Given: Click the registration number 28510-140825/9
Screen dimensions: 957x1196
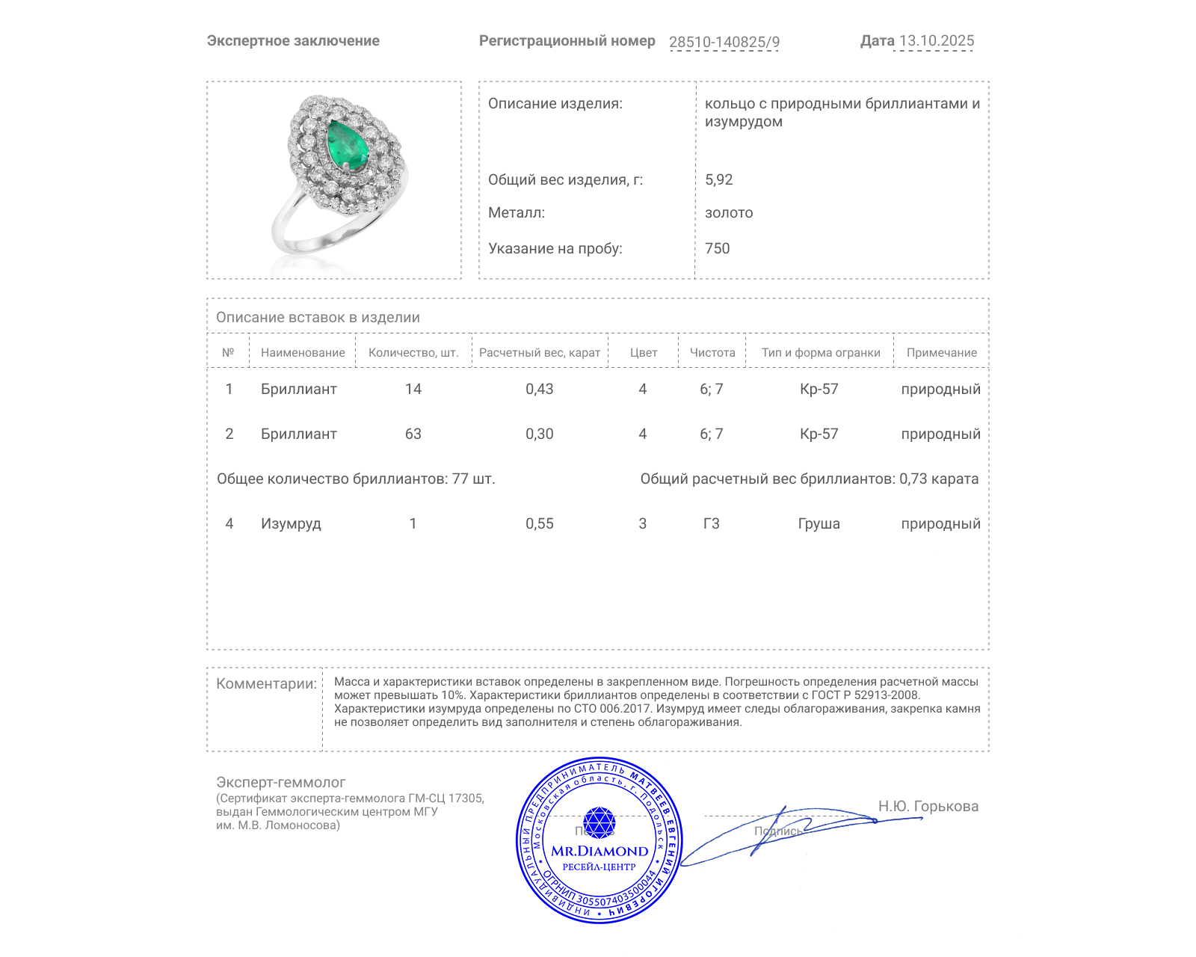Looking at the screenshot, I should point(724,42).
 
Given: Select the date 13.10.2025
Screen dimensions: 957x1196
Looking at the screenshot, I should point(936,41).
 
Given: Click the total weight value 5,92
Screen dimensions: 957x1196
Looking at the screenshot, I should point(718,179).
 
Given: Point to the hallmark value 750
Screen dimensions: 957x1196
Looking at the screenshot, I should point(717,248).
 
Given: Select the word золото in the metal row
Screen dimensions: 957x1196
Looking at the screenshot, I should point(729,213).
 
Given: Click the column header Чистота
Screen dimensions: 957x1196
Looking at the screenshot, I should point(712,353).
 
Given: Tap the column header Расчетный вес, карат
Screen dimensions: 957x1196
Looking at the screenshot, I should point(539,353).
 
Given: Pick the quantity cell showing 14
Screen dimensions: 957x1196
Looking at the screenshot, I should point(413,389).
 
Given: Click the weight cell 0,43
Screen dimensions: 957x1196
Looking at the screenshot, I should point(539,389).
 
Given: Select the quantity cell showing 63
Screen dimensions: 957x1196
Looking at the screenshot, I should point(413,434).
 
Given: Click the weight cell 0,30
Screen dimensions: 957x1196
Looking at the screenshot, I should point(539,434).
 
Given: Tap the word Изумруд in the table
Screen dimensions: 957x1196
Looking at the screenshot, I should point(291,523).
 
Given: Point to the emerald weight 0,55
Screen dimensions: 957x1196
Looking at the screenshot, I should point(539,523).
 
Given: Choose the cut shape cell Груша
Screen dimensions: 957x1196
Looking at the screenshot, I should point(819,523).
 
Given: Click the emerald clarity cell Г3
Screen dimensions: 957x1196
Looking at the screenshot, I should point(711,523).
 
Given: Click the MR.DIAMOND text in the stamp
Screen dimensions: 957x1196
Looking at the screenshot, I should point(599,851).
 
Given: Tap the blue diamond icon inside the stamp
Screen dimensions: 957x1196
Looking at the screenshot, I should point(599,822).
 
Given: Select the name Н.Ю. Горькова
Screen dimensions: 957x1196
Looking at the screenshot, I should point(928,806).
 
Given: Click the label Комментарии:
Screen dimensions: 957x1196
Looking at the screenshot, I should point(266,683).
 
